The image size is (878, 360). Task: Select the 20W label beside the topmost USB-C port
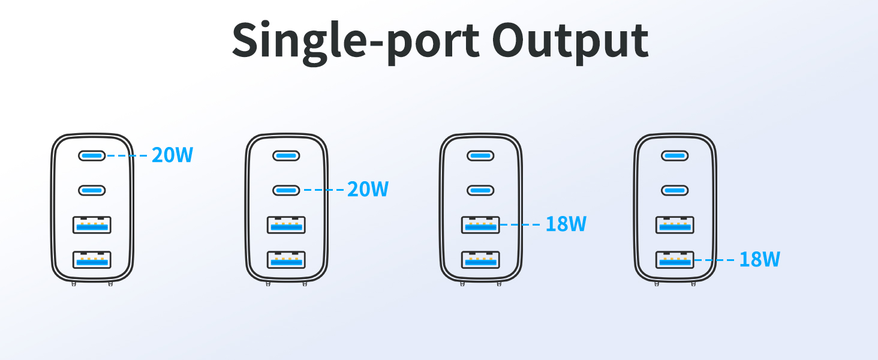(x=173, y=155)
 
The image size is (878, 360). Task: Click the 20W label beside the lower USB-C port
(x=368, y=189)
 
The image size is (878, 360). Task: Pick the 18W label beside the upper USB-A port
(x=566, y=224)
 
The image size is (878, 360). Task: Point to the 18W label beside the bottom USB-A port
(x=760, y=259)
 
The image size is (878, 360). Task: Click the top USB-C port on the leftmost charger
(x=92, y=155)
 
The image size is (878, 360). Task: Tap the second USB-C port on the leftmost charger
(x=92, y=191)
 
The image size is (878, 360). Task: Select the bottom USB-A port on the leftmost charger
(x=92, y=260)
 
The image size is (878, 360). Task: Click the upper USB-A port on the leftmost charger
(x=92, y=225)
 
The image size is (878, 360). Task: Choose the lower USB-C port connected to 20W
(x=287, y=191)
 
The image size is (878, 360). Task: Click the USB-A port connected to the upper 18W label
(x=480, y=225)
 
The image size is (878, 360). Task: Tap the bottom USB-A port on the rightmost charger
(x=675, y=260)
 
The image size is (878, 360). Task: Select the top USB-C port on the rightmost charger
(x=675, y=155)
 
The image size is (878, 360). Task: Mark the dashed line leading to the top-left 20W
(x=127, y=155)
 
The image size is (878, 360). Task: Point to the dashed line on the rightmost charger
(x=714, y=260)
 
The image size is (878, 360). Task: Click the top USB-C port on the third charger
(x=480, y=155)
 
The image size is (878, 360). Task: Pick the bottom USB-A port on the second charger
(x=287, y=260)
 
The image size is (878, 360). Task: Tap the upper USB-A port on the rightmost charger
(x=675, y=225)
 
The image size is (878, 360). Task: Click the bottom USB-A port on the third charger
(x=480, y=260)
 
